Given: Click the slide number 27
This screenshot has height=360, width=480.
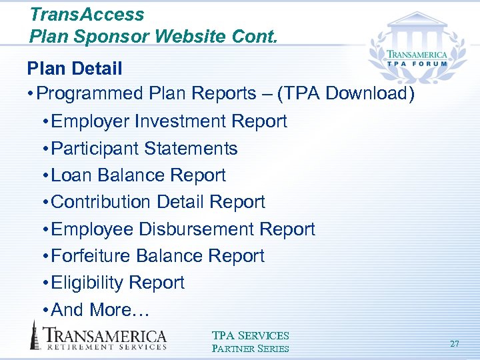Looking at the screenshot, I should pyautogui.click(x=455, y=344).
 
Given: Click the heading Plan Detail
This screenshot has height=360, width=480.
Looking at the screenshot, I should pyautogui.click(x=75, y=68).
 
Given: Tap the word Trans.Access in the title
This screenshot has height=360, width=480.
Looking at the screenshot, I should pyautogui.click(x=87, y=14).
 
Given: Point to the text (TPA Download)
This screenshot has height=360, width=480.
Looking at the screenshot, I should pyautogui.click(x=346, y=94).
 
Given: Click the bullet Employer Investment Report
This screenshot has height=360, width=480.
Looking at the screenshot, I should pyautogui.click(x=169, y=121).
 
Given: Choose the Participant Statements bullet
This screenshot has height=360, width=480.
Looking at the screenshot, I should pyautogui.click(x=144, y=148).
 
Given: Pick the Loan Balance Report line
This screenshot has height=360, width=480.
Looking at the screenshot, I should pyautogui.click(x=138, y=175).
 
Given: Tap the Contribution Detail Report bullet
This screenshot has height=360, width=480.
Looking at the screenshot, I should pyautogui.click(x=158, y=202).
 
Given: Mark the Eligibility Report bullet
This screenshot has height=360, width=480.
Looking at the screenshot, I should pyautogui.click(x=117, y=283).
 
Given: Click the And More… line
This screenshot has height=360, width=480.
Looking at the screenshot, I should pyautogui.click(x=101, y=310).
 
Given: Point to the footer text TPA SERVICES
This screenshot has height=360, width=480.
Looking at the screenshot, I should pyautogui.click(x=250, y=336).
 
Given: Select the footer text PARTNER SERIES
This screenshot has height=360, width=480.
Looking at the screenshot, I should pyautogui.click(x=250, y=348).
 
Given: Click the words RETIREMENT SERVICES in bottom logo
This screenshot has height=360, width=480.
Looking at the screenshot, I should pyautogui.click(x=105, y=347).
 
